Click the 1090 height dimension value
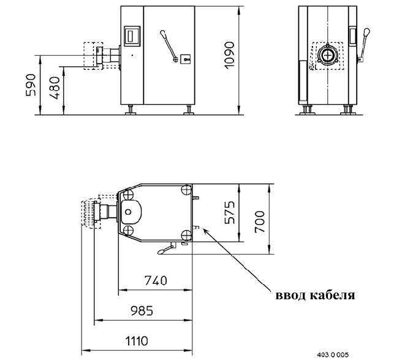pyautogui.click(x=230, y=55)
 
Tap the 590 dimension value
pyautogui.click(x=31, y=85)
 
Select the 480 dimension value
pyautogui.click(x=55, y=88)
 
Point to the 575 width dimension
pyautogui.click(x=230, y=212)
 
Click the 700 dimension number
pyautogui.click(x=260, y=221)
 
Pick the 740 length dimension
pyautogui.click(x=156, y=280)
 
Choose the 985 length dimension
pyautogui.click(x=142, y=311)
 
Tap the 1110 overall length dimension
pyautogui.click(x=137, y=341)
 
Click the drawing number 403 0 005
pyautogui.click(x=333, y=354)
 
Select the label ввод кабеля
pyautogui.click(x=316, y=295)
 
